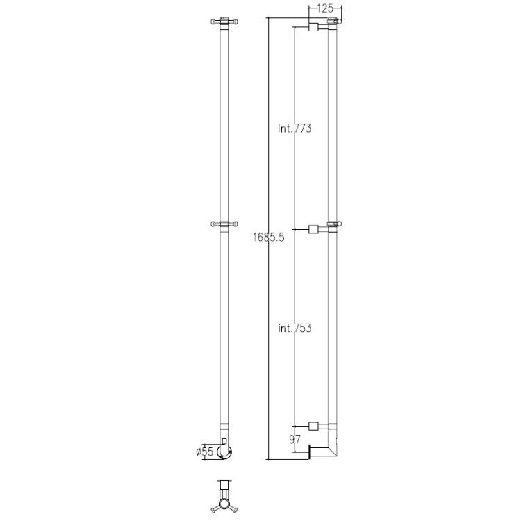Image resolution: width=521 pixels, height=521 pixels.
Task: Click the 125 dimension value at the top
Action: pos(325,8)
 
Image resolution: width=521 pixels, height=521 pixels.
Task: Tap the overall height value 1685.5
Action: pos(268,238)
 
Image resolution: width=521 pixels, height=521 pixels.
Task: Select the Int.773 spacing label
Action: pos(295,129)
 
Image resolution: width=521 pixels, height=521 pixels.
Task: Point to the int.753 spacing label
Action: pos(295,329)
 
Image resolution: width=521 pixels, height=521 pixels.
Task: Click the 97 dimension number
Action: pos(295,440)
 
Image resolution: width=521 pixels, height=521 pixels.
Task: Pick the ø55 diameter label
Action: pos(205,452)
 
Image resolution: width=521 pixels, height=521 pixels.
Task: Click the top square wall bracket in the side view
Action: pos(313,27)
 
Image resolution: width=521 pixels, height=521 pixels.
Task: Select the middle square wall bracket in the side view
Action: pos(313,229)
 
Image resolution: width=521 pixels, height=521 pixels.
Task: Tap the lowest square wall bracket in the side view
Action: pos(313,426)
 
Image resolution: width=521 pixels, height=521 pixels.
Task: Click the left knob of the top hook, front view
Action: pos(213,22)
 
